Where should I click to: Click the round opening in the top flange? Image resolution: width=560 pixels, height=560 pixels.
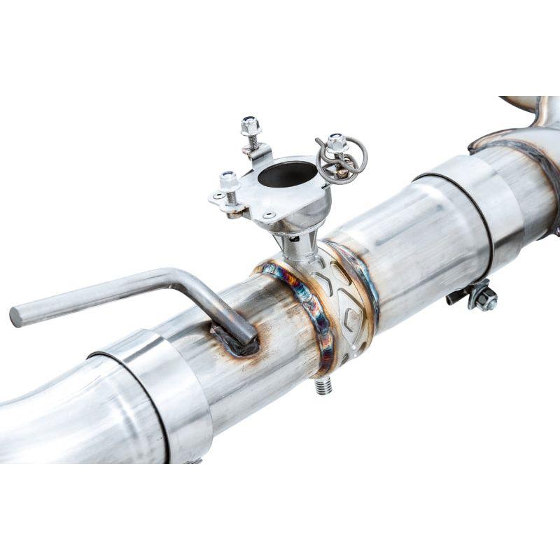click(x=287, y=174)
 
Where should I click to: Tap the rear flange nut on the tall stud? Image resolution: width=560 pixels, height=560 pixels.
click(x=251, y=127)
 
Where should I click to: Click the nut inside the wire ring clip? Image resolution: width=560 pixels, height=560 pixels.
click(x=337, y=143)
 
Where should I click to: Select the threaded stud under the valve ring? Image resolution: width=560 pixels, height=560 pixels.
click(x=323, y=385)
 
